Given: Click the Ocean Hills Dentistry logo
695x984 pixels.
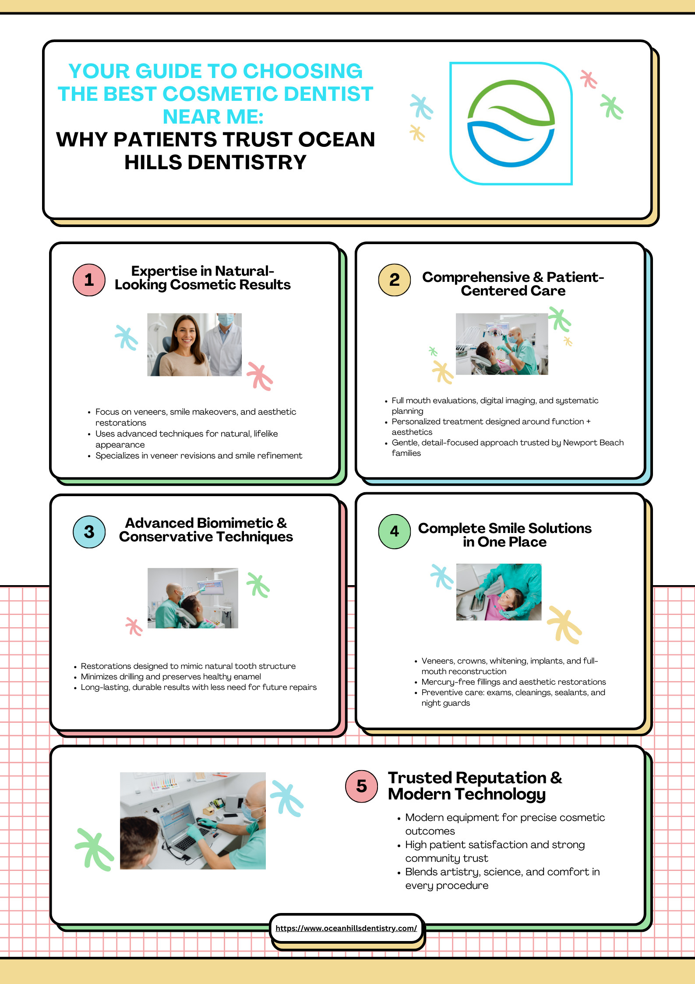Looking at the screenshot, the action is pos(511,123).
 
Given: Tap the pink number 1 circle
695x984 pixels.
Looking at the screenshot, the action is pos(89,280).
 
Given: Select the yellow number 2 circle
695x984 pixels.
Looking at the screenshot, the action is pos(394,280).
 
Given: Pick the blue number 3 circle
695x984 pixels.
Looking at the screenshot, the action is pos(89,532).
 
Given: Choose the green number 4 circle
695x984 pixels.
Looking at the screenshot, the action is pos(394,532).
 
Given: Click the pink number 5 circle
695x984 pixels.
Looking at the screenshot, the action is pos(361,786).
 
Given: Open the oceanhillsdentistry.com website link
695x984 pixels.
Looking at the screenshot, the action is pos(346,928).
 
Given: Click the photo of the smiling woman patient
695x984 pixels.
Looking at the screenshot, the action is pos(194,345).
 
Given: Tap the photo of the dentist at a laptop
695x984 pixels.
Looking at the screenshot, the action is pos(193,821).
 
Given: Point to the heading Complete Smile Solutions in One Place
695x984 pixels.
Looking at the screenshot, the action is pos(504,535).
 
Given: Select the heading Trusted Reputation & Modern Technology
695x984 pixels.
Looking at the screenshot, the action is pos(475,786).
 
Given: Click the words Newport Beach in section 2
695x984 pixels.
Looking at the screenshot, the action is pos(593,442).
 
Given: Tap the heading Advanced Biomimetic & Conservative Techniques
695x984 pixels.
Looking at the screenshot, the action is pos(206,529).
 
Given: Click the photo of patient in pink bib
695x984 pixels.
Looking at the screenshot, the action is pos(499,592).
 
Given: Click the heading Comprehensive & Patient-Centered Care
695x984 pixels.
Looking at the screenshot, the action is pos(513,284).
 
